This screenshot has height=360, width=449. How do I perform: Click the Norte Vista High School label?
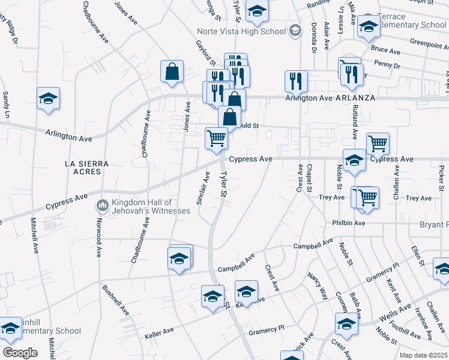click(x=242, y=31)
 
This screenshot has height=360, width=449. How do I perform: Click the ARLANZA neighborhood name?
click(x=355, y=97)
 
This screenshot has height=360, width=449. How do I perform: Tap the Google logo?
click(x=20, y=352)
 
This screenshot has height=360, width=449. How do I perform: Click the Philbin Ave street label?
click(x=349, y=223)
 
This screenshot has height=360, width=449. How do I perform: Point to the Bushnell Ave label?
click(x=115, y=301)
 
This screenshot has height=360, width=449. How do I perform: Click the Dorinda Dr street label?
click(x=313, y=37)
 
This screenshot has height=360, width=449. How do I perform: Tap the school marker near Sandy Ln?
click(x=48, y=100)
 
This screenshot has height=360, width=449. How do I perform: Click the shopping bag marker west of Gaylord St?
click(x=172, y=71)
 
